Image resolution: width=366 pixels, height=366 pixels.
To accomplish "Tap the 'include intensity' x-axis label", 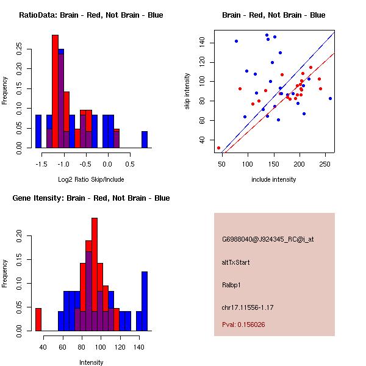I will (x=273, y=179).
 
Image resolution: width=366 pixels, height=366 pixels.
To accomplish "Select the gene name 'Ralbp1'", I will (x=232, y=285).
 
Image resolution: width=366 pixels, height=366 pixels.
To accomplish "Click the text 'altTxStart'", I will (x=236, y=262).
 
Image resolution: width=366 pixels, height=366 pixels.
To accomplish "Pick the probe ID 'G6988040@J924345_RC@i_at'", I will (x=268, y=240).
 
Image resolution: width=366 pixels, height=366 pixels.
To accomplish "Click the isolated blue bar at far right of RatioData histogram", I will (x=145, y=140).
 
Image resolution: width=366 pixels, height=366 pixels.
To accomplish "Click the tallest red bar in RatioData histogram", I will (x=55, y=91).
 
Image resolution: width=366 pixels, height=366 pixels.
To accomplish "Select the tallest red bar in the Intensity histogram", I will (x=94, y=274).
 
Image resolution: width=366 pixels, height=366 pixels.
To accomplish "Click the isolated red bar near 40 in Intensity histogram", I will (x=38, y=319).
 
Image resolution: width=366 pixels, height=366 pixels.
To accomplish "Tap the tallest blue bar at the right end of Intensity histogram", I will (x=145, y=301).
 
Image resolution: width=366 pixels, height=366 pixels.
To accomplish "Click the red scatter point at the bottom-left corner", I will (x=218, y=148).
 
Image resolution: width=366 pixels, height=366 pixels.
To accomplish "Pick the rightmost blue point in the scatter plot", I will (x=330, y=98).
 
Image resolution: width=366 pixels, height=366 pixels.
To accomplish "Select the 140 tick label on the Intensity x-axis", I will (x=139, y=346).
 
